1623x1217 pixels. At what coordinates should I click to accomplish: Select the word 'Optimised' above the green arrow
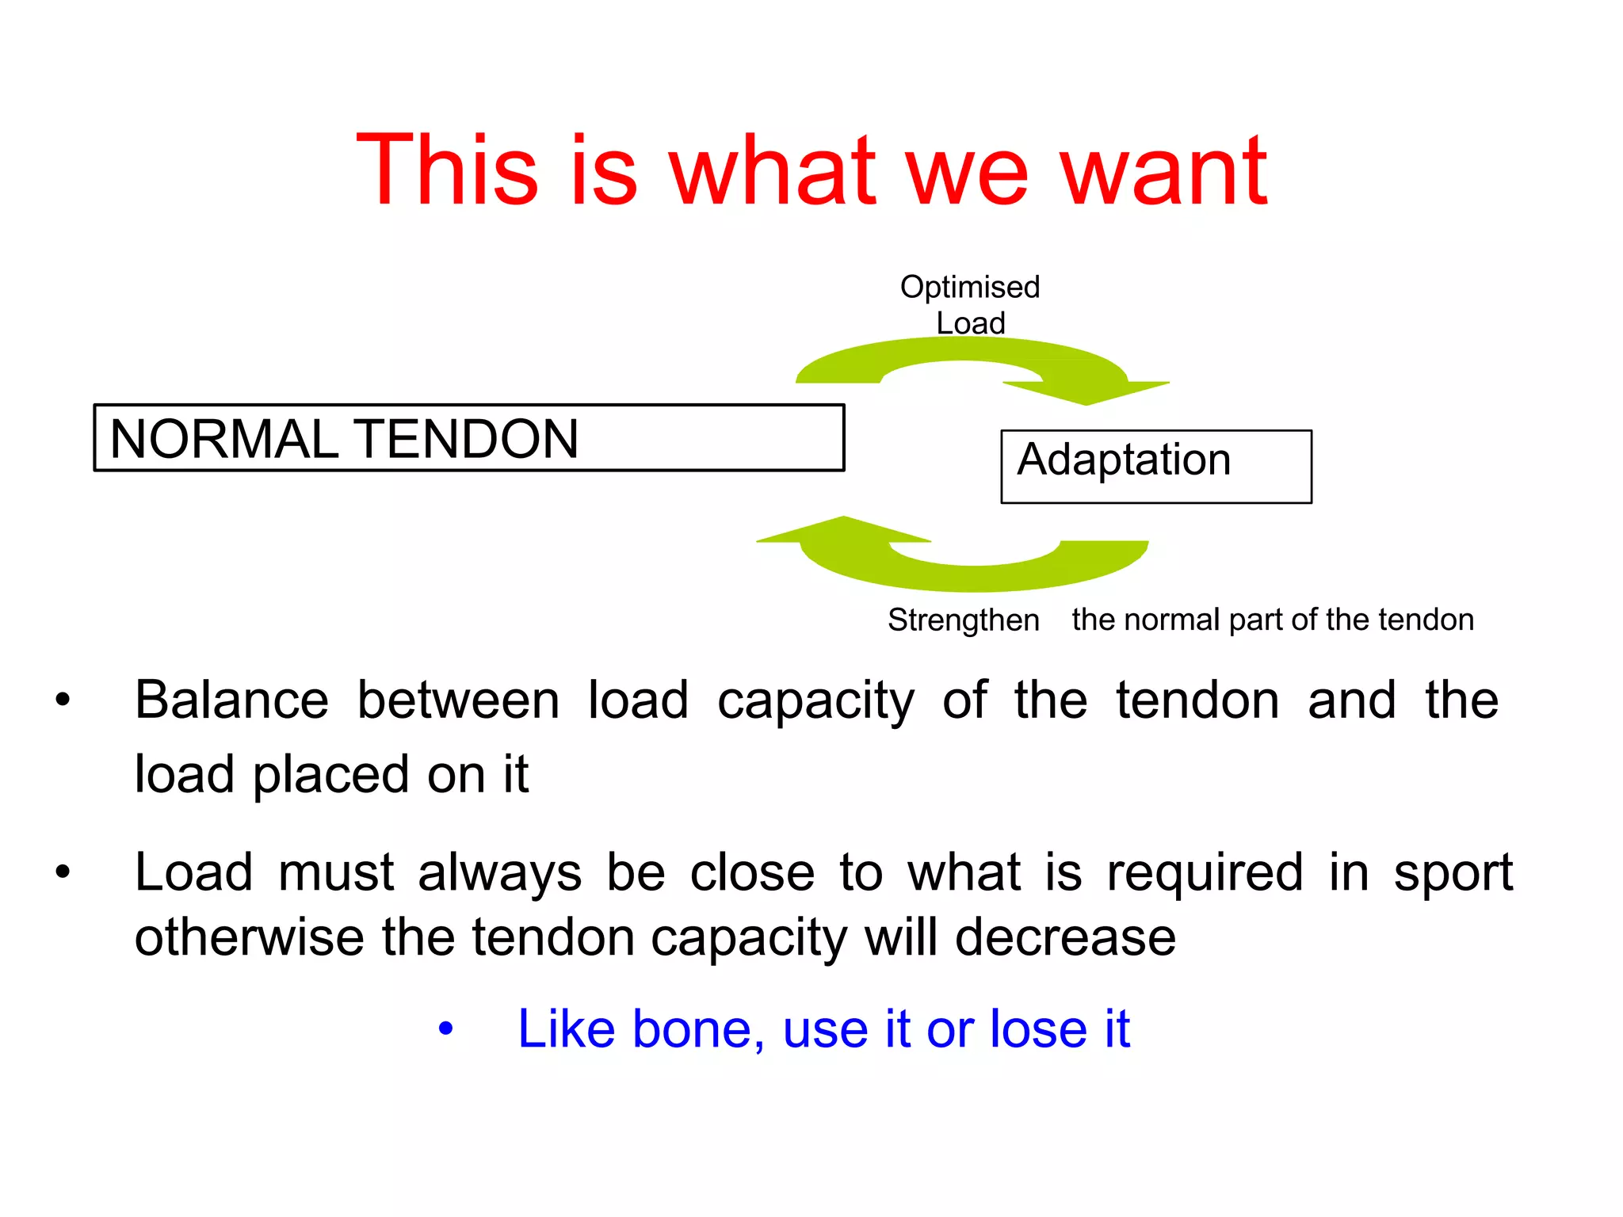tap(969, 287)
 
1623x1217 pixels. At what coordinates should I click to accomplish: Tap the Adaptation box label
tap(1124, 460)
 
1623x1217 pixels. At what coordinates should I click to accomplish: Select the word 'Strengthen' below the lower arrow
tap(963, 620)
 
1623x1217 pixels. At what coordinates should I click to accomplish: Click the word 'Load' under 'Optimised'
tap(970, 323)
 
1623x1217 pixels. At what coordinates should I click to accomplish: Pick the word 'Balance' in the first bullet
tap(231, 700)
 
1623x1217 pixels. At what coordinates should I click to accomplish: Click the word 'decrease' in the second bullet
tap(1065, 938)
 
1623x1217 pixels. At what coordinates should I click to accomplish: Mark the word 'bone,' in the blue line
tap(698, 1029)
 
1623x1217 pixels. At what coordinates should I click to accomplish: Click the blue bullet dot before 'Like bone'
tap(446, 1029)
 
